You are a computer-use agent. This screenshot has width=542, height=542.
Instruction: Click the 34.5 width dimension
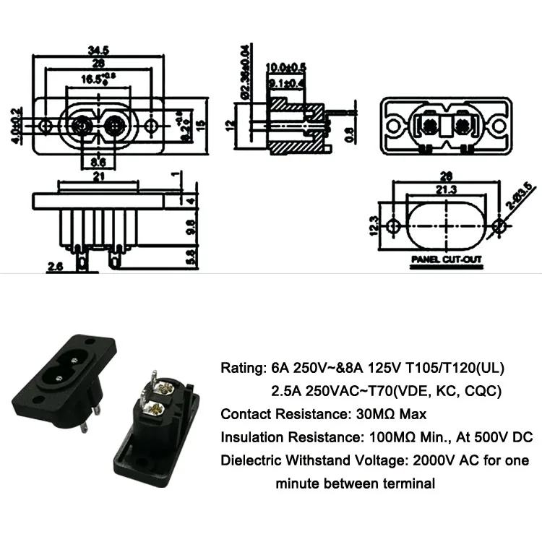click(98, 51)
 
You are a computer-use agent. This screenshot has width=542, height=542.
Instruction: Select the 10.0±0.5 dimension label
click(286, 67)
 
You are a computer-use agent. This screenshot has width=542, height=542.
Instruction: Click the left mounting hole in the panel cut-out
click(393, 225)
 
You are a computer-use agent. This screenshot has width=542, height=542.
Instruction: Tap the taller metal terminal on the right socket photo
click(154, 382)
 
